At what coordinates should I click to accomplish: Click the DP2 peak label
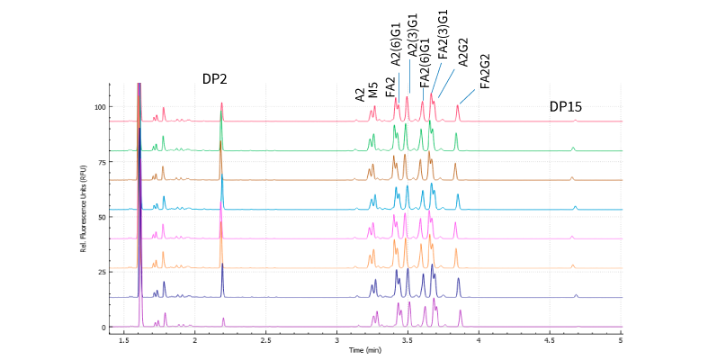(214, 79)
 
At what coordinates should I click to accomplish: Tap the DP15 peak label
(566, 107)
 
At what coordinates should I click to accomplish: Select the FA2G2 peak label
(485, 70)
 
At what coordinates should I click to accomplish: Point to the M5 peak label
(372, 92)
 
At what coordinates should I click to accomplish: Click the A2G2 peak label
(463, 51)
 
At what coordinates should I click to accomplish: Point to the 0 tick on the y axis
(103, 328)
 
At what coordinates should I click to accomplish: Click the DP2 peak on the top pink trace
(221, 104)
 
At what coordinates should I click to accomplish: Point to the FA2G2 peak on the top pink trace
(457, 107)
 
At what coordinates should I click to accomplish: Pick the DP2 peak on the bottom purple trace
(223, 319)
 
